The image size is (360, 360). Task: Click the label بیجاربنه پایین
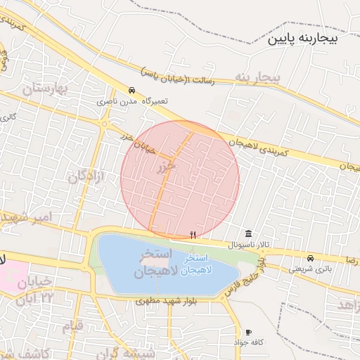click(x=303, y=39)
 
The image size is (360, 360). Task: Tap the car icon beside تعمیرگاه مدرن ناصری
click(x=132, y=90)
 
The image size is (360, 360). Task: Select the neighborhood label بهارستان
click(x=53, y=89)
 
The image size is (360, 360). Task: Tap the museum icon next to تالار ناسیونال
click(x=248, y=233)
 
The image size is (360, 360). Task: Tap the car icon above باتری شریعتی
click(x=310, y=258)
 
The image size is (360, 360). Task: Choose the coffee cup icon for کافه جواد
click(x=248, y=332)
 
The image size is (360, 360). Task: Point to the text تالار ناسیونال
click(x=247, y=244)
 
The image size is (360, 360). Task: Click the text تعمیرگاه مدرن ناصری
click(x=133, y=101)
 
